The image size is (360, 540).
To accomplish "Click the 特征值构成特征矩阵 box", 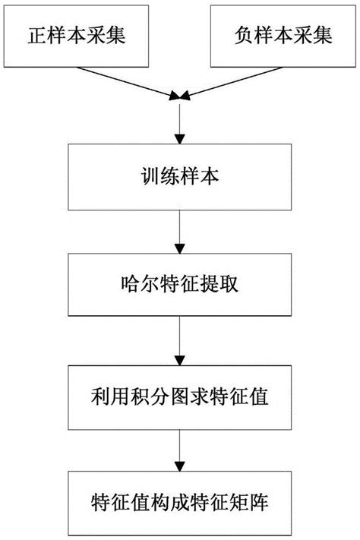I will [179, 504].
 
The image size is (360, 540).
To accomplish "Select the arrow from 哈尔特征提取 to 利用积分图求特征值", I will [179, 340].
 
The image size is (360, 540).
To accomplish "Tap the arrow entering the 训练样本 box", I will [179, 122].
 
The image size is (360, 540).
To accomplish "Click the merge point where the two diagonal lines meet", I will [179, 96].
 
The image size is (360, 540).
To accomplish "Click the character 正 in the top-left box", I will [34, 36].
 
